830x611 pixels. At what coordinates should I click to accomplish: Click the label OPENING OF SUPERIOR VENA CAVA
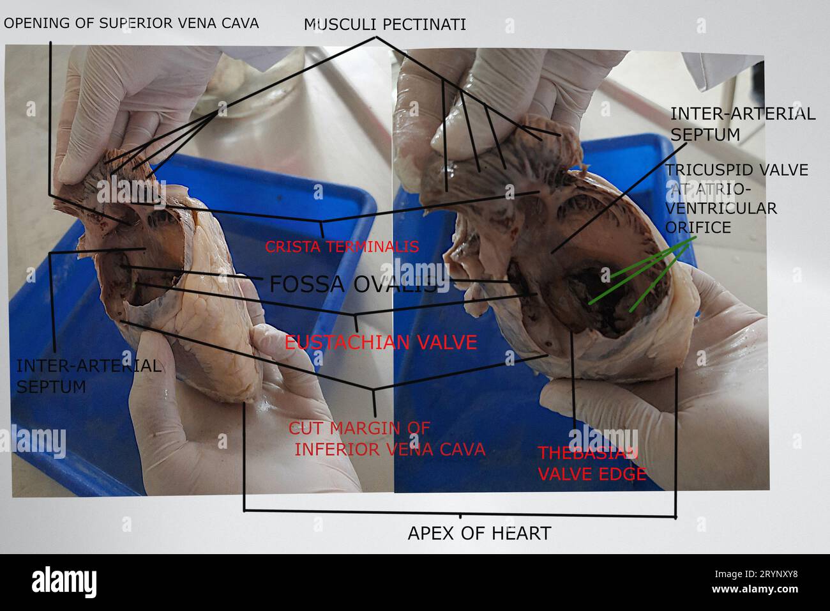(x=131, y=23)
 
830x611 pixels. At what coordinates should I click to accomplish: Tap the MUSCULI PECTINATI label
(x=384, y=25)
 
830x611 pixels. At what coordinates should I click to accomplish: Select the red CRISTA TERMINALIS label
(x=342, y=247)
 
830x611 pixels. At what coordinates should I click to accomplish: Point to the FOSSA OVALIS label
(x=352, y=284)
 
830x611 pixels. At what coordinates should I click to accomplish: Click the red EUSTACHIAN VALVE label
(x=381, y=342)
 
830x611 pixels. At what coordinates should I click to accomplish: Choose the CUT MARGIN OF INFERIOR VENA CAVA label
(x=387, y=439)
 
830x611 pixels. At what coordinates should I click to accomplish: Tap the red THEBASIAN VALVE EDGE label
(x=592, y=463)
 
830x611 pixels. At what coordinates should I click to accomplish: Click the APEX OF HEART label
(x=479, y=534)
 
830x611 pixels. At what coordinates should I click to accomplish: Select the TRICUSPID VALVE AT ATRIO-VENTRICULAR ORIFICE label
(x=737, y=199)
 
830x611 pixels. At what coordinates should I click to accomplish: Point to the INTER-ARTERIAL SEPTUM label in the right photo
(x=743, y=124)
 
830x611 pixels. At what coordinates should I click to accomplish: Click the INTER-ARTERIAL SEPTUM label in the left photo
(x=89, y=376)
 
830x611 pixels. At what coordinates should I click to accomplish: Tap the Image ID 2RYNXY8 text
(x=756, y=575)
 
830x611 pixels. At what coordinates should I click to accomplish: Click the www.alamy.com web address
(x=755, y=589)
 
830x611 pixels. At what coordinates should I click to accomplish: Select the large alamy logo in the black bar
(x=64, y=582)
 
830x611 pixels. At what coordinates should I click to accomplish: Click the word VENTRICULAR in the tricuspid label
(x=721, y=208)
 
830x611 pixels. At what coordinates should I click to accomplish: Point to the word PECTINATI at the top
(x=424, y=25)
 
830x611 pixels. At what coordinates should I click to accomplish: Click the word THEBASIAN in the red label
(x=587, y=453)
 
